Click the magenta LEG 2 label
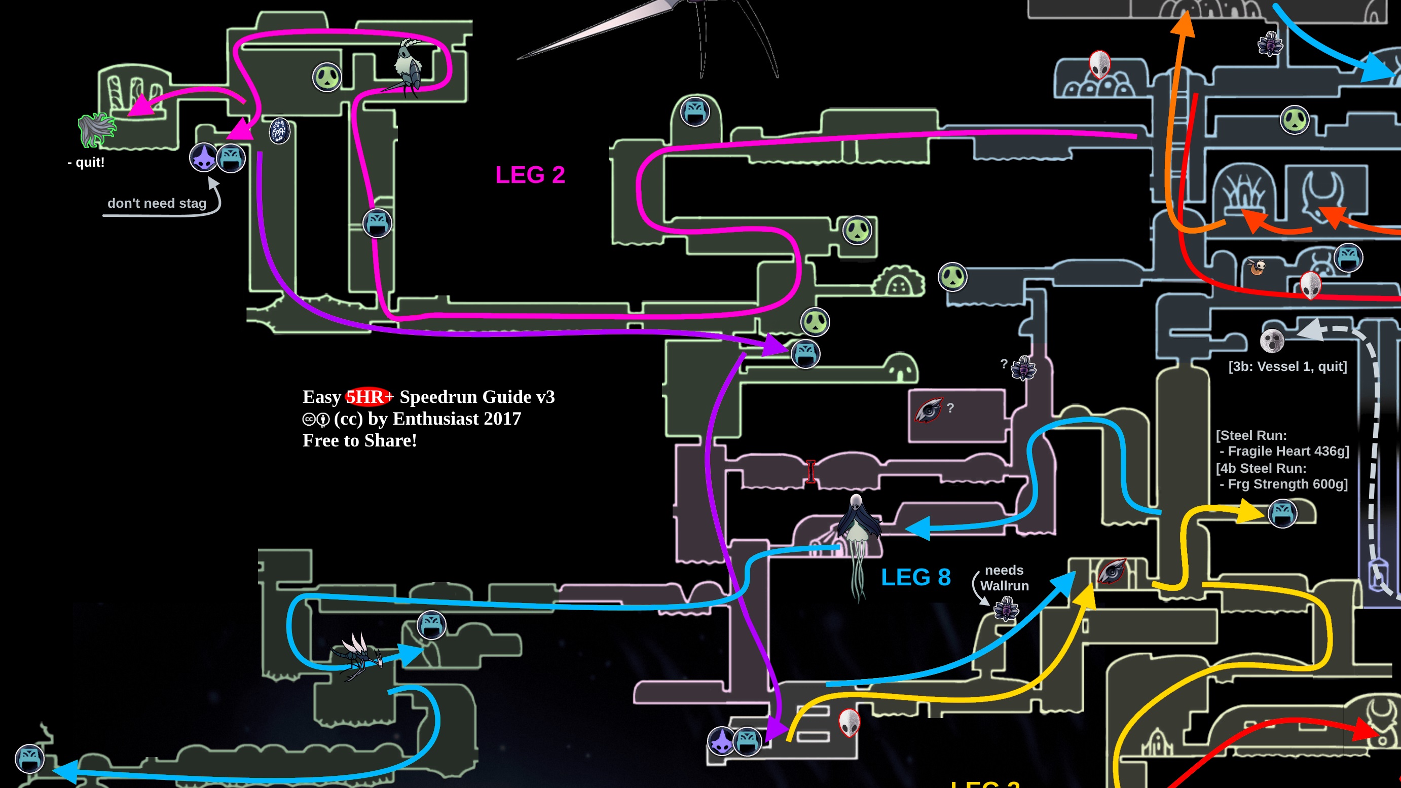point(530,175)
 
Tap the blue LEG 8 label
point(915,578)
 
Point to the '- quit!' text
point(86,162)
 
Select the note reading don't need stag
point(157,203)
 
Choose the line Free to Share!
point(359,440)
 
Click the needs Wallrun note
point(1004,578)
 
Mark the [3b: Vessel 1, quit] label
point(1287,366)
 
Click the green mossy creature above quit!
point(96,129)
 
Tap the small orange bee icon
point(1257,267)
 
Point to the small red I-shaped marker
point(810,471)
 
